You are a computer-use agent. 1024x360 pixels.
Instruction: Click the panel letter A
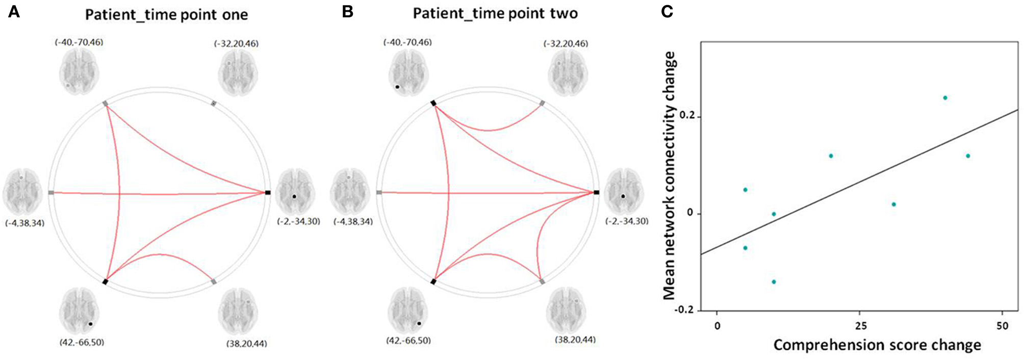[14, 11]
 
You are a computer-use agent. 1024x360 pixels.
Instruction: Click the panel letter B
[348, 11]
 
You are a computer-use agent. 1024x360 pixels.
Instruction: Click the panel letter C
[667, 11]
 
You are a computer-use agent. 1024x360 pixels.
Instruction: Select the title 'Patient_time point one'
[166, 14]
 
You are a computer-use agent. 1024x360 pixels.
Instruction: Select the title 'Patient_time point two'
[495, 13]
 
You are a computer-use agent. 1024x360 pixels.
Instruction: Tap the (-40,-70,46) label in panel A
[79, 42]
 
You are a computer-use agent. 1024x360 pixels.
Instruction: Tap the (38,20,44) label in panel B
[575, 340]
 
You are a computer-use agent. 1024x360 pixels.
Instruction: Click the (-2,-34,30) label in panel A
[299, 221]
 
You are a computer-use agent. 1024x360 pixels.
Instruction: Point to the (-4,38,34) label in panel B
[353, 222]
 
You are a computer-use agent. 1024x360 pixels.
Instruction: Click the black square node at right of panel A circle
[268, 192]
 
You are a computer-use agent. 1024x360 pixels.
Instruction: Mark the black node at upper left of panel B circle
[433, 103]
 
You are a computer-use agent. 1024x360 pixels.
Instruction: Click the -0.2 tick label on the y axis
[685, 310]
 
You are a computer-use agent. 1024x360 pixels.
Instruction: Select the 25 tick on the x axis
[861, 326]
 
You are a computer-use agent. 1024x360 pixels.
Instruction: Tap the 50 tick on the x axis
[1002, 326]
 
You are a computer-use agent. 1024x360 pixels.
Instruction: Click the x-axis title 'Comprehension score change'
[877, 345]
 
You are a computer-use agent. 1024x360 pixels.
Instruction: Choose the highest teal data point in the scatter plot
[945, 98]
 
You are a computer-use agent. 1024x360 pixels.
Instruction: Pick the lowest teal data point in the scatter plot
[774, 282]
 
